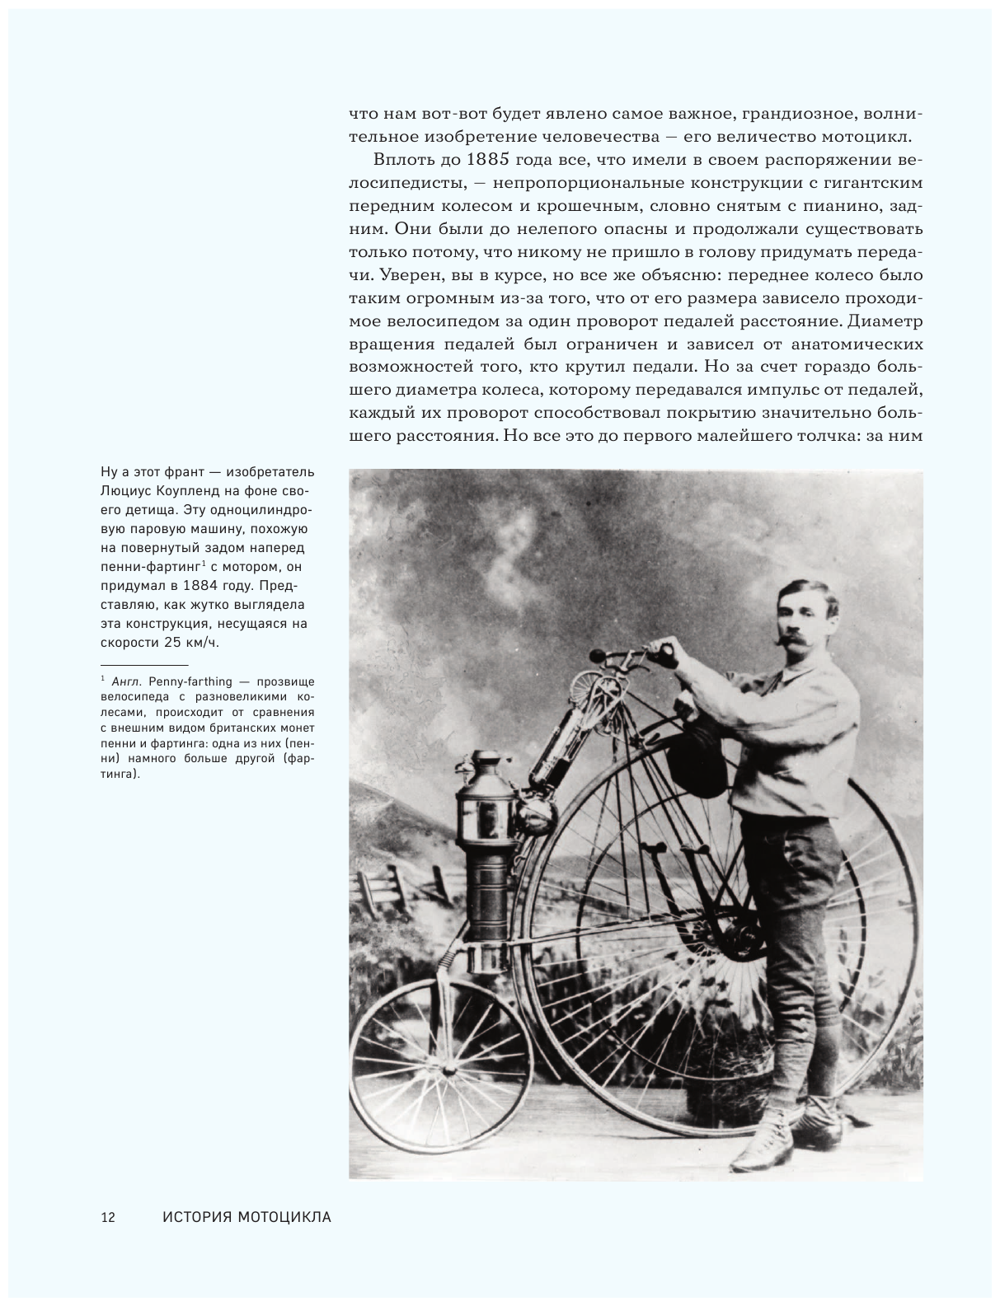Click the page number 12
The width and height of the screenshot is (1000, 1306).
click(108, 1217)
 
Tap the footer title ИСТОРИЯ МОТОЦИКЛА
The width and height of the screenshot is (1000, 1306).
click(246, 1217)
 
